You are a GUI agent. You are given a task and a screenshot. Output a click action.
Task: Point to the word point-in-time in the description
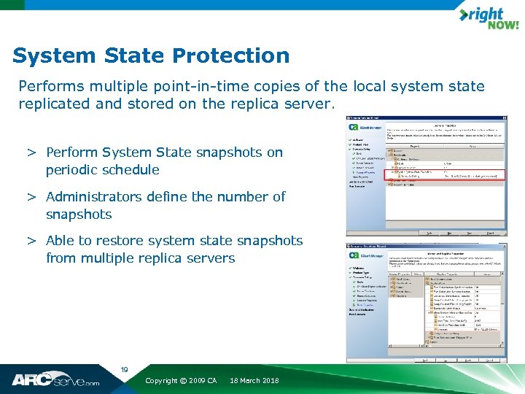pos(182,87)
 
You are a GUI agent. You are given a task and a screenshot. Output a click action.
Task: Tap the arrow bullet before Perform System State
pos(32,152)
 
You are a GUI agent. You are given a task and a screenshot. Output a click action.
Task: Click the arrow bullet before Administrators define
pos(32,196)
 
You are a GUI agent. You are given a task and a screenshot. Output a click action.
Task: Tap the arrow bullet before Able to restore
pos(32,240)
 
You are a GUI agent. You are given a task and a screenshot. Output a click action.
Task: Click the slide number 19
pos(124,370)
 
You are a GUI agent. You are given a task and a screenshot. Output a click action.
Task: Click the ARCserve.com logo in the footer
pos(55,379)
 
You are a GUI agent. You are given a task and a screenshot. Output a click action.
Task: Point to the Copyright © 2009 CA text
pos(181,381)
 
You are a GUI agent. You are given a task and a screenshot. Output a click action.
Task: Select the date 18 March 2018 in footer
pos(254,381)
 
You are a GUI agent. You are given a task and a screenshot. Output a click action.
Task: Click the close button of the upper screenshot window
pos(503,118)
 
